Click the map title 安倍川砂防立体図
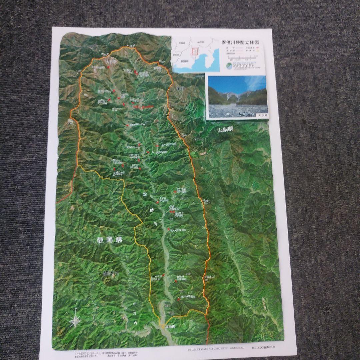tap(240, 43)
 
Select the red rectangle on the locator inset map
tap(194, 51)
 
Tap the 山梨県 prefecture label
tap(224, 131)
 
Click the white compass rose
tap(76, 321)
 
